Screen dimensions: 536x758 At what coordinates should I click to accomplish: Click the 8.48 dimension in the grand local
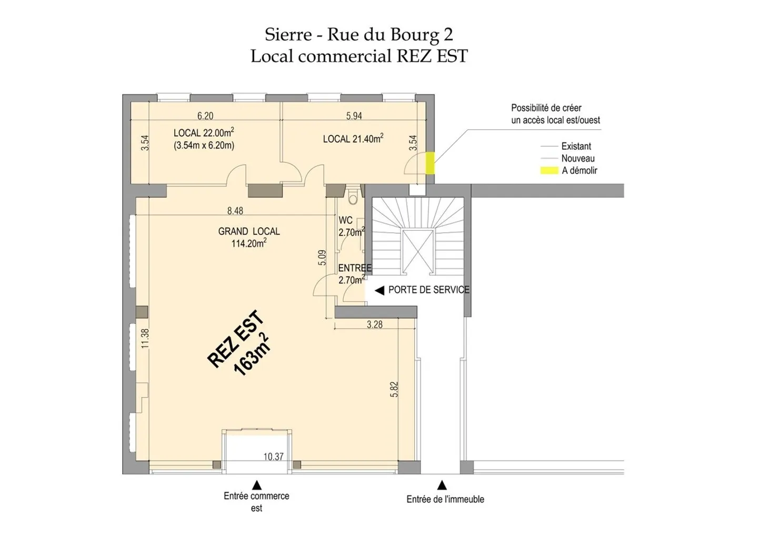tap(235, 211)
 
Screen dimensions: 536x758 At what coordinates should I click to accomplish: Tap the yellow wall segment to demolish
tap(430, 163)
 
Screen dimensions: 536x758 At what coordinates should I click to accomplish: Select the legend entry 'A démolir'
tap(579, 171)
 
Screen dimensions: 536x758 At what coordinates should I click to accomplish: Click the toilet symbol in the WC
tap(353, 198)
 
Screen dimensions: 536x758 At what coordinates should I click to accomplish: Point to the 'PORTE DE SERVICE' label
tap(428, 290)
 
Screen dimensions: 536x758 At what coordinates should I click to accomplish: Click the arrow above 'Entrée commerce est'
tap(257, 485)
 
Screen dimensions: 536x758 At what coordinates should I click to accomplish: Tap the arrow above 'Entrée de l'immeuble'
tap(442, 485)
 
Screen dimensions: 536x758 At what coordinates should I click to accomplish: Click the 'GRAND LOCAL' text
tap(249, 231)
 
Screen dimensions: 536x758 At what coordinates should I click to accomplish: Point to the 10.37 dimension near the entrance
tap(273, 456)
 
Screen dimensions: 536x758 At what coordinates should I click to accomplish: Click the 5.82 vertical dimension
tap(394, 389)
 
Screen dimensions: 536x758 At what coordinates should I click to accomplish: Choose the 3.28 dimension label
tap(374, 325)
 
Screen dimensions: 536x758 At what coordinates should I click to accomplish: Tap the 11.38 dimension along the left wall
tap(145, 338)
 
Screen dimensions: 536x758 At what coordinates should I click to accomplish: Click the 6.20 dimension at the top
tap(205, 116)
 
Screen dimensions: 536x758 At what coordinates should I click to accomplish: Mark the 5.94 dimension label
tap(354, 116)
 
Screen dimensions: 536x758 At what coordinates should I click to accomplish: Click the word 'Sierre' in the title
tap(288, 34)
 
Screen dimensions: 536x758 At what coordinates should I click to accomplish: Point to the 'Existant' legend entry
tap(576, 146)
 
